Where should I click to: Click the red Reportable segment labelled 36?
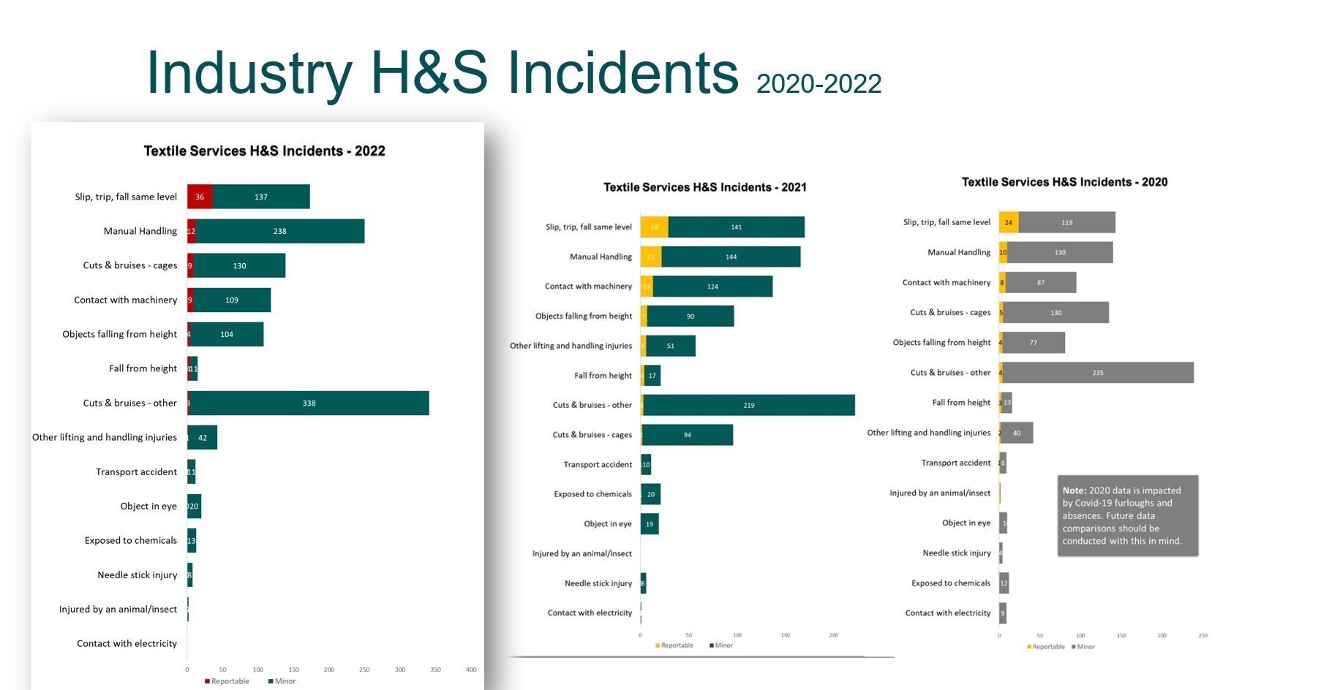(200, 197)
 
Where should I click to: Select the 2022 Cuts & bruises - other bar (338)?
(309, 403)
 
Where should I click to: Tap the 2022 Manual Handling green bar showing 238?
(280, 231)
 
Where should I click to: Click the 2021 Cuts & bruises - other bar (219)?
(749, 405)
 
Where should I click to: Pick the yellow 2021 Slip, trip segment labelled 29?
(654, 227)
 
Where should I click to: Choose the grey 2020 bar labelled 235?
(1097, 373)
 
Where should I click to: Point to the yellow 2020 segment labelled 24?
(1009, 222)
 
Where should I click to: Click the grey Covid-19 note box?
(1127, 516)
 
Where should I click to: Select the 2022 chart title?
(264, 151)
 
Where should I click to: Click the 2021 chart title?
(704, 187)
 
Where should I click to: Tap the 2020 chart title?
(1064, 182)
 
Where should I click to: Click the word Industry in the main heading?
(249, 73)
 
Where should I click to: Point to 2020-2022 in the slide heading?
(818, 84)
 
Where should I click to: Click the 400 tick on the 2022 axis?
(471, 670)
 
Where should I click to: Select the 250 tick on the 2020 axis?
(1203, 636)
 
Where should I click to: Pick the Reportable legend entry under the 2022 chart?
(227, 681)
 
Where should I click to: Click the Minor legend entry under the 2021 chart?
(721, 645)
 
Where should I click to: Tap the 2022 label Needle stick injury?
(138, 575)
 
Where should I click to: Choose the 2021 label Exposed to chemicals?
(592, 494)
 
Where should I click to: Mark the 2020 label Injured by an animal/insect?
(940, 493)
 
